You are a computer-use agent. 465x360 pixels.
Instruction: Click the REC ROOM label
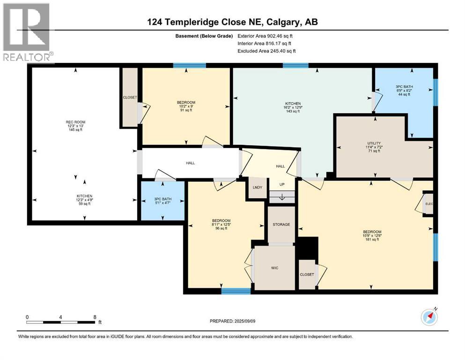click(75, 122)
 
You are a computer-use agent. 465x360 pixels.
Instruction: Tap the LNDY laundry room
click(257, 187)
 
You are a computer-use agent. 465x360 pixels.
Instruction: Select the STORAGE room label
click(281, 225)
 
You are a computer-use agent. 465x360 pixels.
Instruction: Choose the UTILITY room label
click(374, 143)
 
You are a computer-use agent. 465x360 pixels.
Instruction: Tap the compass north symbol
click(429, 317)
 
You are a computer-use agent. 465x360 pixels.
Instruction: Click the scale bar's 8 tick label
click(95, 317)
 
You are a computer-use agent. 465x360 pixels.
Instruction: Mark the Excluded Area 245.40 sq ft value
click(267, 51)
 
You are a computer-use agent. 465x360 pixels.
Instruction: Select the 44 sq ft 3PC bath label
click(404, 95)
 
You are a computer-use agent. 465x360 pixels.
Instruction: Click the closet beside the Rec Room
click(129, 97)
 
